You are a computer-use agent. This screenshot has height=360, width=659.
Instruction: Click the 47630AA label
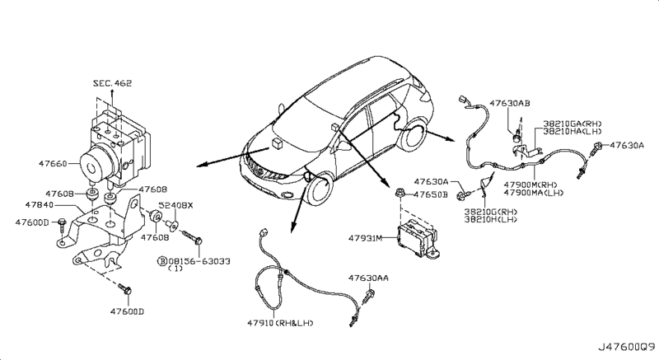(x=368, y=278)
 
